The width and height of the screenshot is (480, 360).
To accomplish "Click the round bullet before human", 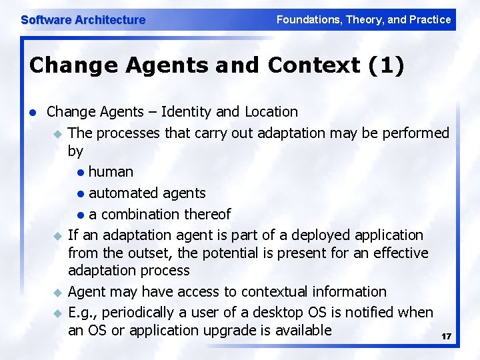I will click(80, 173).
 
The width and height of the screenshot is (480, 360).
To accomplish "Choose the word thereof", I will click(206, 214).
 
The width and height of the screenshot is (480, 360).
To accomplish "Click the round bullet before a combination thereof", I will click(80, 215).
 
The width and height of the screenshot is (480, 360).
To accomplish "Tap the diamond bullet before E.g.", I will click(57, 313).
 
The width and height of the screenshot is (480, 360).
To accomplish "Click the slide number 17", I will click(446, 337).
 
